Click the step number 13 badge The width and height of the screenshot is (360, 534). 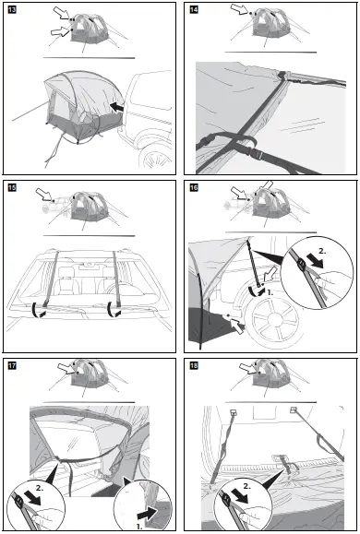(12, 9)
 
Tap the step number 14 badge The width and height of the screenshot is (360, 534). (194, 9)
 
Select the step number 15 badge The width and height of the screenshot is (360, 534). (12, 187)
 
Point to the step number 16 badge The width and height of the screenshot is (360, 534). (194, 187)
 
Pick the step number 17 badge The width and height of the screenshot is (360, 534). (12, 366)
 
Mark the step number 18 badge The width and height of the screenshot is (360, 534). (194, 366)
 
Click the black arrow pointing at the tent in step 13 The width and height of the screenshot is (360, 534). (116, 107)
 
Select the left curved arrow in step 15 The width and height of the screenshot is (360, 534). (36, 310)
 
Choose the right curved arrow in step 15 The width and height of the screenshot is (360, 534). (113, 310)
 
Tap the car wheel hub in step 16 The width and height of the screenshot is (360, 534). (275, 319)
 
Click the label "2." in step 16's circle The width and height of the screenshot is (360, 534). (322, 252)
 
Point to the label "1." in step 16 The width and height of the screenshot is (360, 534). (270, 292)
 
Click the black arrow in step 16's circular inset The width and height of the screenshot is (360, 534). (314, 263)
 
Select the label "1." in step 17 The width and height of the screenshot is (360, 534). (139, 527)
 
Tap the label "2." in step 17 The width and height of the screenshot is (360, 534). (40, 488)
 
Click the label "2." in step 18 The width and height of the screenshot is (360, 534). (246, 486)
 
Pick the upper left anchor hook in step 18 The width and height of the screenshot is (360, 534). (234, 413)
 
